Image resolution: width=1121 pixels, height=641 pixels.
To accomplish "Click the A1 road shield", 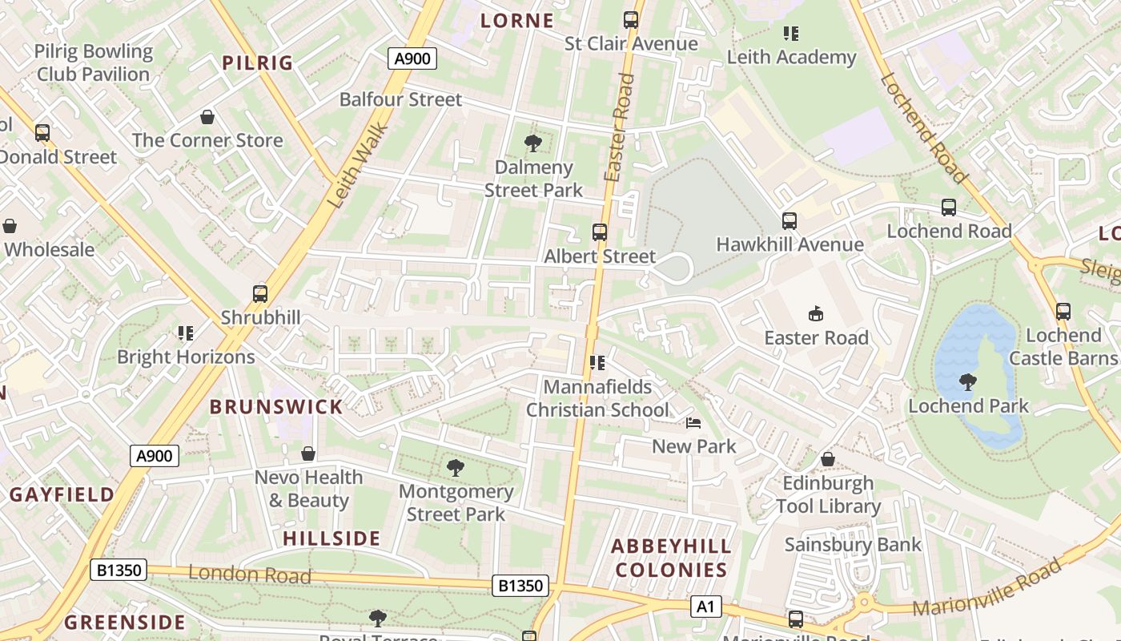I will coord(705,607).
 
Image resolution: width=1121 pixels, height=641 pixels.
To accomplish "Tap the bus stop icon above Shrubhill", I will coord(260,294).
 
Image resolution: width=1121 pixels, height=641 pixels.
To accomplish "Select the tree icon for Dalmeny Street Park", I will coord(532,144).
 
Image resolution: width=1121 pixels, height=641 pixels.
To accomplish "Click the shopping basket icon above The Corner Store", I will coord(207,118).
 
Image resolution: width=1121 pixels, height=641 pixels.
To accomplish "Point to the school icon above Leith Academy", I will coord(791,34).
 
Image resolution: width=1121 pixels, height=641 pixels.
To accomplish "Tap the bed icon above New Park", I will coord(693,423).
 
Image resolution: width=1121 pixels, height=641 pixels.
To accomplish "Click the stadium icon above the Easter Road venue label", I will coord(816,313).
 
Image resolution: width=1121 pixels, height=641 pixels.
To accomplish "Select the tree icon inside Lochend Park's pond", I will coord(967,381).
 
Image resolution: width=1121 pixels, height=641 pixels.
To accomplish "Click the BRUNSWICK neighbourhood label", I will coord(276,407).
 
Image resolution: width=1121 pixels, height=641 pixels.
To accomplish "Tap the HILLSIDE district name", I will coord(331,538).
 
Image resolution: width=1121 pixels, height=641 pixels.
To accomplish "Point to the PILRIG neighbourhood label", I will coord(258,62).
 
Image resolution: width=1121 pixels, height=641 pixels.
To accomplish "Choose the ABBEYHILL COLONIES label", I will coord(671,558).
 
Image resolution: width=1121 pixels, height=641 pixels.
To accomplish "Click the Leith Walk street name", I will coord(358,166).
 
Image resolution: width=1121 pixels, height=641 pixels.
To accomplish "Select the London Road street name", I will coord(249,574).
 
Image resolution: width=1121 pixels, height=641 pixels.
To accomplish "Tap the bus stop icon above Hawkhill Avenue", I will coord(790,221).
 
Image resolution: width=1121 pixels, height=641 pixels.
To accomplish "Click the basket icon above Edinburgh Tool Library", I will coord(828,459).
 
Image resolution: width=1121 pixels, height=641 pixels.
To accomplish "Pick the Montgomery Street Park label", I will coord(456,502).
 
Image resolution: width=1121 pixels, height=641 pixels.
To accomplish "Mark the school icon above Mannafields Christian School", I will coord(597,363).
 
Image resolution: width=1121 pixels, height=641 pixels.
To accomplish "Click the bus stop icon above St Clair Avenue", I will coord(631,20).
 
